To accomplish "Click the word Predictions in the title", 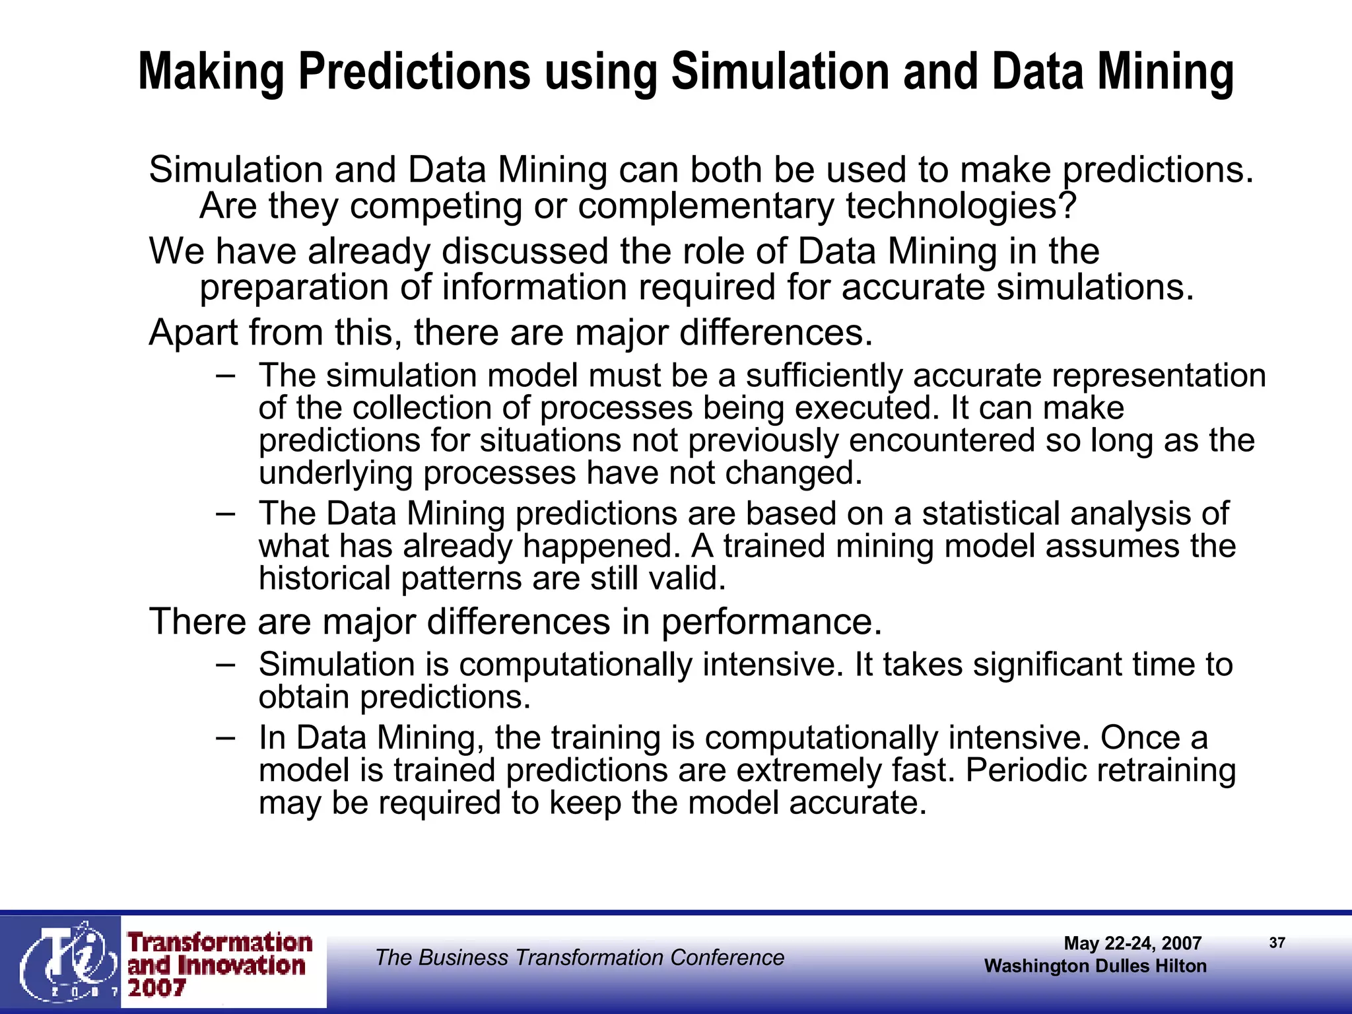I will point(415,73).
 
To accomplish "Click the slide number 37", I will point(1277,943).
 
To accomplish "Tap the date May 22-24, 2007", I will point(1132,943).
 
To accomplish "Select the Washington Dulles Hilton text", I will point(1095,966).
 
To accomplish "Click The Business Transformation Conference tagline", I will point(579,957).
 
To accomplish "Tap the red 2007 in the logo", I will point(157,988).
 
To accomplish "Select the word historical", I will point(325,579).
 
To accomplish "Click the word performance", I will point(771,623).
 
